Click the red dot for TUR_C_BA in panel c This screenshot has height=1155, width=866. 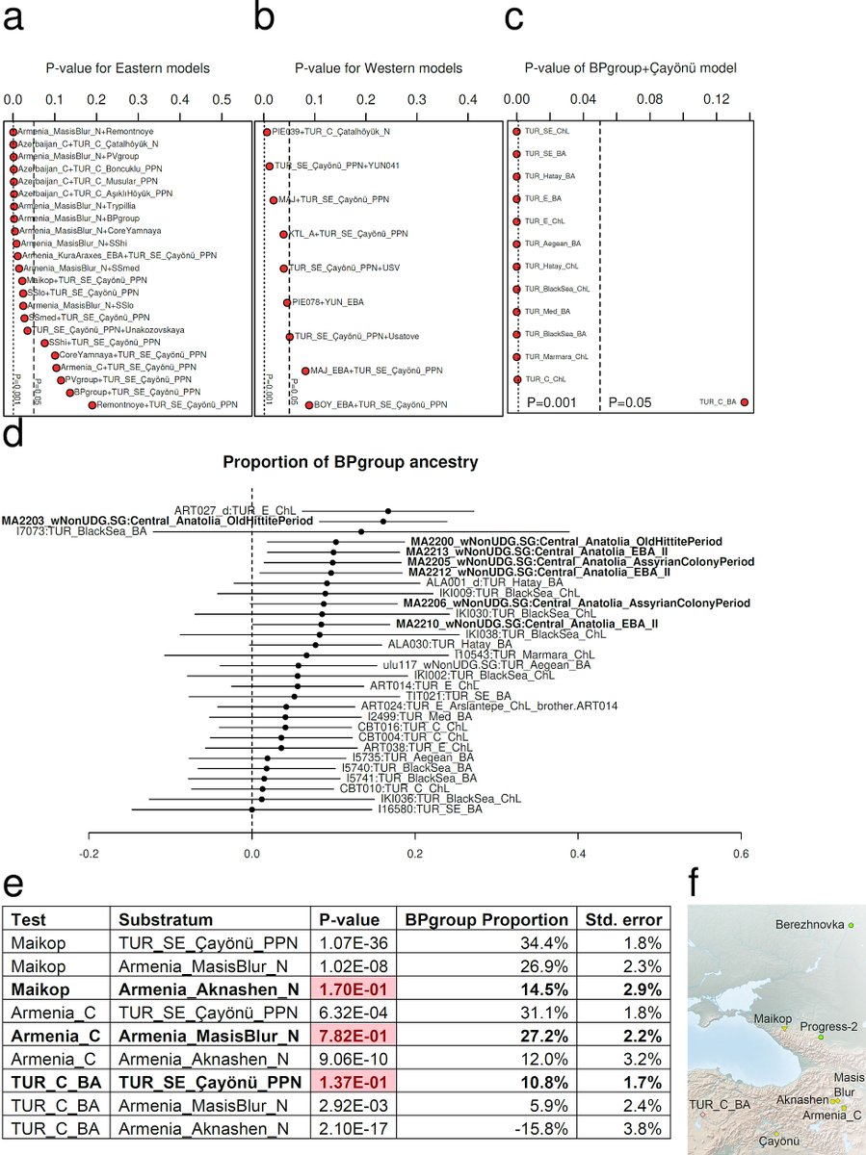744,402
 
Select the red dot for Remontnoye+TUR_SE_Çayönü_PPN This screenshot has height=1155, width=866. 92,405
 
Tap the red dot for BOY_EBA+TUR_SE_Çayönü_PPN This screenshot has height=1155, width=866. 309,405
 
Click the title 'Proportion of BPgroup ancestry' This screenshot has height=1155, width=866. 351,462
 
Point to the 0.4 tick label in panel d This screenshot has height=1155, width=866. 578,851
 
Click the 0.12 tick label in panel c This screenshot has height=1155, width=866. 717,99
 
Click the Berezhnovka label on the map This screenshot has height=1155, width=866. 807,924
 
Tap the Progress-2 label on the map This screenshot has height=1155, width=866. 827,1026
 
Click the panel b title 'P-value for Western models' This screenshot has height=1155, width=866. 378,68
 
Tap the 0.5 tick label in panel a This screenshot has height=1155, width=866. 221,99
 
